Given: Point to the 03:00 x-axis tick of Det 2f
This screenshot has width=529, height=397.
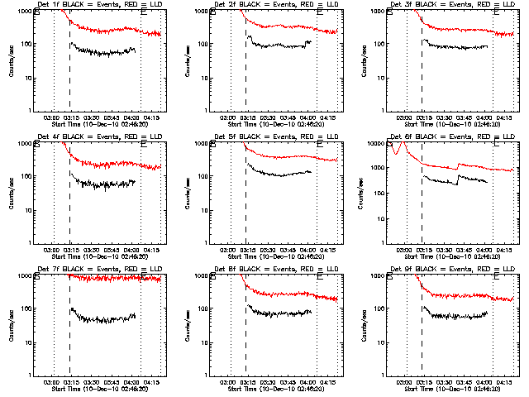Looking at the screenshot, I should coord(231,117).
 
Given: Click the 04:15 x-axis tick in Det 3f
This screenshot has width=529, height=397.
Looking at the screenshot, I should coord(507,117).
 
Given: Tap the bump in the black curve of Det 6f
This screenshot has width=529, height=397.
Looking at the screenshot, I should coord(460,172).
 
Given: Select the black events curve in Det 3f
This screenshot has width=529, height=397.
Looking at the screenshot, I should coord(455,47).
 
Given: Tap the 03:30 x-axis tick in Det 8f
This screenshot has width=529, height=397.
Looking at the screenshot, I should coord(266,382).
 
